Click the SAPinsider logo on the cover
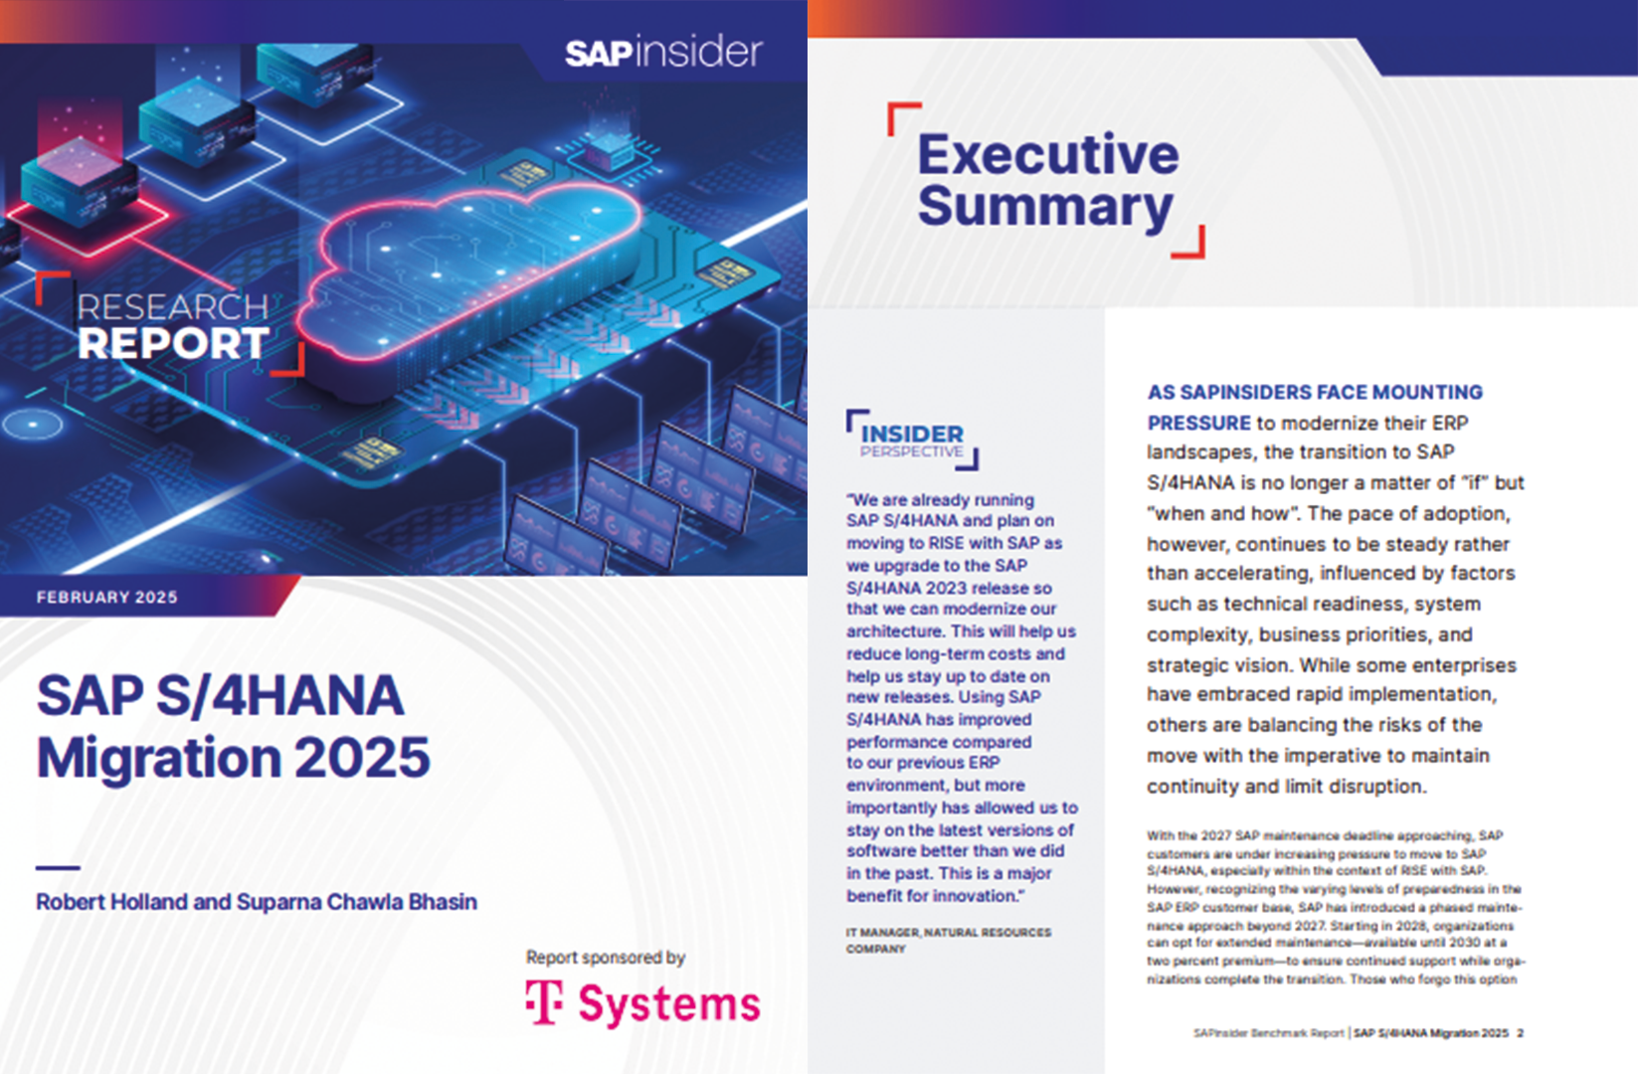(x=664, y=52)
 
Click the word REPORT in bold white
(x=173, y=344)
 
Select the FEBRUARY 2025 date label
(x=106, y=598)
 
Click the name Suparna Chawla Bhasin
(x=357, y=901)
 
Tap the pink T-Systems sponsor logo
(x=642, y=1003)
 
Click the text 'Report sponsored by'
(x=606, y=957)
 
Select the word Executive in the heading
(x=1048, y=154)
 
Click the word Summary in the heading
(x=1045, y=207)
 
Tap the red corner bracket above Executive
(x=904, y=118)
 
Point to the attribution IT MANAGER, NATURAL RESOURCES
(x=949, y=932)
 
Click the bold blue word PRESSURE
(x=1198, y=423)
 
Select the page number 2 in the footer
(x=1521, y=1033)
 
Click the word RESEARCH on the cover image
(x=173, y=307)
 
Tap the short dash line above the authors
(x=58, y=868)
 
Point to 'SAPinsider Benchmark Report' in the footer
(x=1269, y=1033)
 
